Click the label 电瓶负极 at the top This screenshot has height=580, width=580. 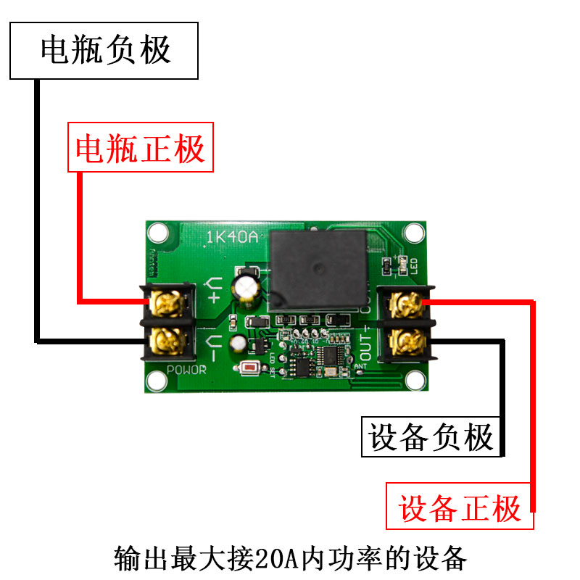coord(104,51)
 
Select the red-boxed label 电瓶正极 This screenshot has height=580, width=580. coord(141,149)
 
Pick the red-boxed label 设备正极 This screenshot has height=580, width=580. coord(460,507)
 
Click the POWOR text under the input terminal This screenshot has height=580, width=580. coord(186,370)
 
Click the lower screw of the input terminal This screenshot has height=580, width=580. coord(167,341)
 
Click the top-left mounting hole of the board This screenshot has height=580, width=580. coord(157,233)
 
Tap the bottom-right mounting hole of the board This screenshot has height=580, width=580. coord(414,380)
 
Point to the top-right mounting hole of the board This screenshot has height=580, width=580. coord(414,233)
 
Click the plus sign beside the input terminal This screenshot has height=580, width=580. coord(214,298)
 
